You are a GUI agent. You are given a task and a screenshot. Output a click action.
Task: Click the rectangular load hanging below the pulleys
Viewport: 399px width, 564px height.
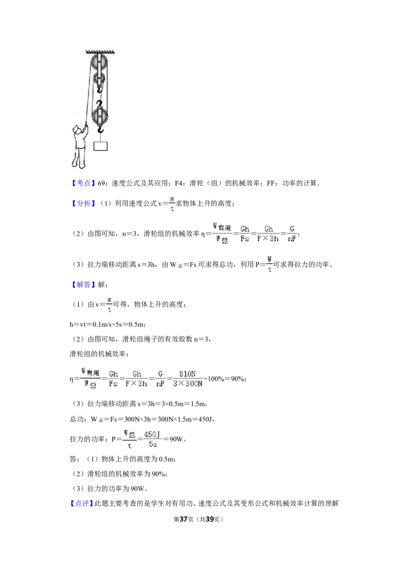(100, 145)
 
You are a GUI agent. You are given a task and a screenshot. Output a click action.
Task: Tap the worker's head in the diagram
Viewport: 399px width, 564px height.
(77, 130)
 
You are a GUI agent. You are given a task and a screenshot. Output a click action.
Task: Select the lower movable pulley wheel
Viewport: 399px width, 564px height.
(99, 116)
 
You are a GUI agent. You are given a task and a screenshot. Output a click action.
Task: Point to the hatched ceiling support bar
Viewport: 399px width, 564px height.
(100, 52)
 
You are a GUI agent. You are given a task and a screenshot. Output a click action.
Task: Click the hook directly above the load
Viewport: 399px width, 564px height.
(100, 129)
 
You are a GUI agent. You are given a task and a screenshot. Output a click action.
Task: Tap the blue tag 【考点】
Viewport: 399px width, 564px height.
(83, 183)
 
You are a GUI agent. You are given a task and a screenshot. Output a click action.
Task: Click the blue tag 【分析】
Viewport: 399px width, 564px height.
(83, 203)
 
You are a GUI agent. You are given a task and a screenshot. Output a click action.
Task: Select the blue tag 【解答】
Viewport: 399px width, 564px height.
(83, 284)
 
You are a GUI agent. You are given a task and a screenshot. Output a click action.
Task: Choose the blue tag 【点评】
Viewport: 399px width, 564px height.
(82, 503)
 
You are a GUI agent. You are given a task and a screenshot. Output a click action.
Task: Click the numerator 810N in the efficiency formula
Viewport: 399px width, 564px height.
(188, 374)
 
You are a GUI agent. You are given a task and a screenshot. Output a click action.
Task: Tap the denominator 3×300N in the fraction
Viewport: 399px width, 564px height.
(188, 384)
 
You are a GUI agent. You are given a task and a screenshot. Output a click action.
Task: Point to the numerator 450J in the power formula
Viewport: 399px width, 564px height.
(152, 434)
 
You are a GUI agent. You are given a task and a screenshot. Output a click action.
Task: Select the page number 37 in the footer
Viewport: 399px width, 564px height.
(184, 519)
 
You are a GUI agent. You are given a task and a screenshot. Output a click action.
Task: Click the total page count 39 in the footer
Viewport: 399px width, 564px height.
(209, 519)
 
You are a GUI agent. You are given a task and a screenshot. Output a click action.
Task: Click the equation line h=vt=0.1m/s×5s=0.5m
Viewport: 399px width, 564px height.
(108, 324)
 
